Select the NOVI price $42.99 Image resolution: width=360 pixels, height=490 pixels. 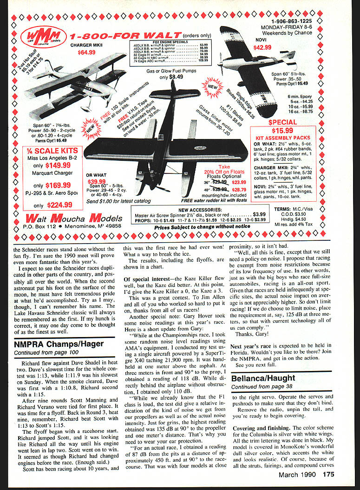262,47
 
